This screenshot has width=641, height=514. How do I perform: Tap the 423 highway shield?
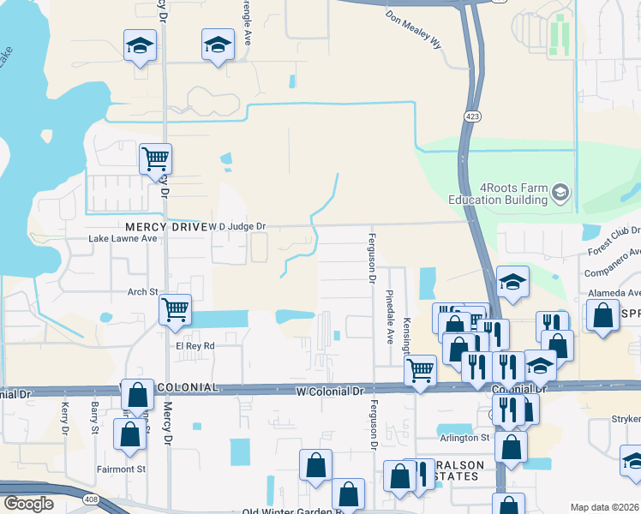(x=473, y=115)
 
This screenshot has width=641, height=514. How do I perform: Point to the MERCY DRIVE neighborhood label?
(x=165, y=227)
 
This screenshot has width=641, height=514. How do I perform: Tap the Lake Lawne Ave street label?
(x=123, y=239)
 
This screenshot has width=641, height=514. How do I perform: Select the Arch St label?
(x=144, y=292)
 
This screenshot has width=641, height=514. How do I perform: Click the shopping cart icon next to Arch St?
(x=176, y=309)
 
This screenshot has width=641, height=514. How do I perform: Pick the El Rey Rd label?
(x=195, y=346)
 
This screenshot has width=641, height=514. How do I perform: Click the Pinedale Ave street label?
(x=390, y=317)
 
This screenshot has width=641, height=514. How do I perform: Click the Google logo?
(x=28, y=504)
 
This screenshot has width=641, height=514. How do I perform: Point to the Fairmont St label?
(x=121, y=469)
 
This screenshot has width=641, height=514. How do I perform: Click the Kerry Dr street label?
(x=64, y=413)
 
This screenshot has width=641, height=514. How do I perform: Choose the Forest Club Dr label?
(x=614, y=237)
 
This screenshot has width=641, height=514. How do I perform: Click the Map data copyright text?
(x=604, y=507)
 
